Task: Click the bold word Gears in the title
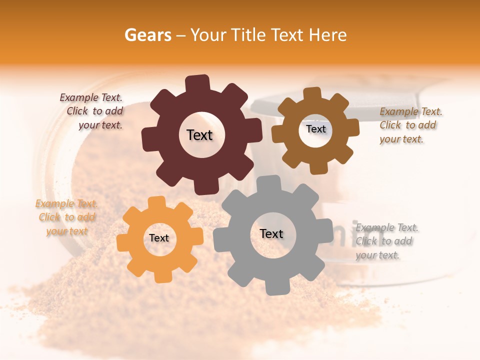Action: click(x=147, y=35)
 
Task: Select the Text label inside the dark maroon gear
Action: click(x=199, y=135)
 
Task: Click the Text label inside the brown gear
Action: click(x=315, y=129)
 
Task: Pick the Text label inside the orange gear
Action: click(x=159, y=238)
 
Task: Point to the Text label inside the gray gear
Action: click(x=271, y=234)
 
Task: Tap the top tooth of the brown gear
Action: click(x=312, y=93)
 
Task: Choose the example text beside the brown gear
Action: click(x=410, y=125)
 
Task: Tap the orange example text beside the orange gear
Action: click(x=66, y=217)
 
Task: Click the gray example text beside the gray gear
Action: click(x=386, y=241)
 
